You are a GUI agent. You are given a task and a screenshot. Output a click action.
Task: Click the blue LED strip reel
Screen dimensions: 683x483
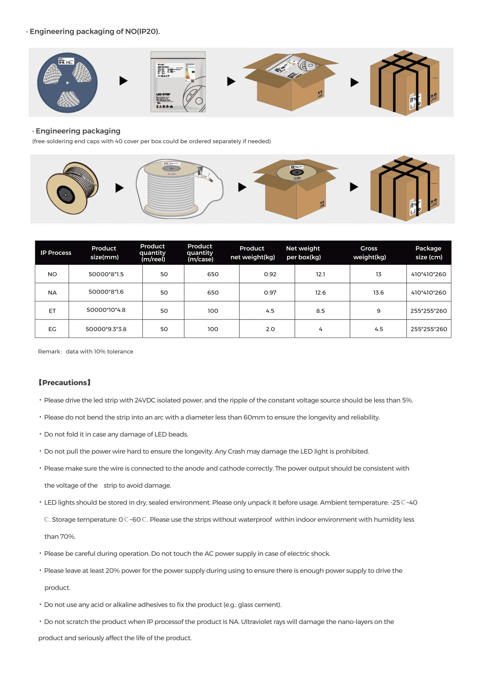click(x=67, y=82)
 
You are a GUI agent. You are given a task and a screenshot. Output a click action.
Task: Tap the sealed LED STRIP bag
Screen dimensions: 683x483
click(x=178, y=82)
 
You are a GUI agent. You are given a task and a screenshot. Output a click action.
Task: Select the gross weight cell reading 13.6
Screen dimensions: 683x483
click(x=378, y=292)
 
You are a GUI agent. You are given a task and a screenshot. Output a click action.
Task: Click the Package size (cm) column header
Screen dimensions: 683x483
click(x=428, y=253)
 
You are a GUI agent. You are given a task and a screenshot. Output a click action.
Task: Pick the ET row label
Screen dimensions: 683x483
click(x=52, y=311)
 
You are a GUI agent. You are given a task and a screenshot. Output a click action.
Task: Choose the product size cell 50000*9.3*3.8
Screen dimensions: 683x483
click(x=106, y=329)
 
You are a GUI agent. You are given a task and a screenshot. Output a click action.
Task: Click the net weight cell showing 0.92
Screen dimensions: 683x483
click(x=270, y=274)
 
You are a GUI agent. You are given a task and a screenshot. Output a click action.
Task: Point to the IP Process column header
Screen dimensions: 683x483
click(x=56, y=253)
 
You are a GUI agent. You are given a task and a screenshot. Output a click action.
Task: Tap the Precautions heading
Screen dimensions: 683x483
click(x=65, y=382)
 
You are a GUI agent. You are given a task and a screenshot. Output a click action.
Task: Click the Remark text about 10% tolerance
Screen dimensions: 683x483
click(x=85, y=351)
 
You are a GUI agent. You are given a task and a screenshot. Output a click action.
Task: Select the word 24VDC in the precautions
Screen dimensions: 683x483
click(x=145, y=400)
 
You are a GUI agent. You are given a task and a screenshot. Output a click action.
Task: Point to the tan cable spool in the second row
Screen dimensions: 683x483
click(x=72, y=188)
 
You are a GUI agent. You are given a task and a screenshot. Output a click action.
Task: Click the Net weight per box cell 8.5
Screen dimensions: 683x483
click(x=320, y=311)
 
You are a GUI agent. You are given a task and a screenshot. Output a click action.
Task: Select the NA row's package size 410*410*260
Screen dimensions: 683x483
click(x=428, y=292)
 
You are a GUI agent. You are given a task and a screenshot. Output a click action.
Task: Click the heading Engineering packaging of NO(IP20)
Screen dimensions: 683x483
click(x=94, y=31)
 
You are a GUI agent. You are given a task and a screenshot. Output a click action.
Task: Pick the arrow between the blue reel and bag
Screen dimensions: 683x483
click(x=123, y=81)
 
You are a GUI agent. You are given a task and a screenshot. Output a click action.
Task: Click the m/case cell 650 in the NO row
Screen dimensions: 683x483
click(x=213, y=274)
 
